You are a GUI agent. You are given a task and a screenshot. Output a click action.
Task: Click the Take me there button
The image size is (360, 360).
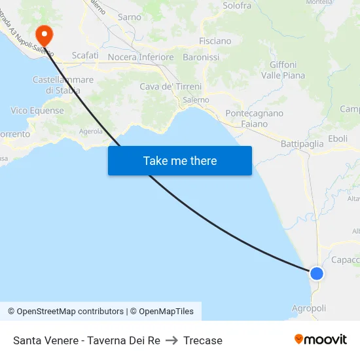[x=179, y=160]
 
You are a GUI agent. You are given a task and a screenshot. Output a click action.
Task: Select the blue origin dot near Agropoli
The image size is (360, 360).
[x=316, y=273]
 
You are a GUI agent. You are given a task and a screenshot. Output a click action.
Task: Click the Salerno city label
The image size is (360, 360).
[x=196, y=100]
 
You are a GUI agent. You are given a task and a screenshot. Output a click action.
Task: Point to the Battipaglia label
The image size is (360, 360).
[x=302, y=143]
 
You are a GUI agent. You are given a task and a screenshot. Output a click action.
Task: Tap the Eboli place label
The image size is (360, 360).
[x=338, y=138]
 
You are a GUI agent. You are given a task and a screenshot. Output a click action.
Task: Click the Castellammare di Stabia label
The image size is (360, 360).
[x=63, y=84]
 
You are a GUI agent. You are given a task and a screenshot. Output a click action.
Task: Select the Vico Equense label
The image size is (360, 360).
[x=37, y=111]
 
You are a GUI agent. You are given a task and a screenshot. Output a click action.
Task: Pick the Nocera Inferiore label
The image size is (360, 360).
[x=141, y=57]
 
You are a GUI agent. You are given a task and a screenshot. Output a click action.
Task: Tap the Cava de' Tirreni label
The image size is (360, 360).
[x=170, y=86]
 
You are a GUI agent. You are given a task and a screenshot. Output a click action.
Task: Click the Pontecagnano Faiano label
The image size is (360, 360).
[x=254, y=118]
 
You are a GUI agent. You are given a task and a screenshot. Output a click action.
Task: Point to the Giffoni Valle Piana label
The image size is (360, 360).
[x=283, y=70]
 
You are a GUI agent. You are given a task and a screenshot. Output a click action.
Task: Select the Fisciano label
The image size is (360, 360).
[x=215, y=41]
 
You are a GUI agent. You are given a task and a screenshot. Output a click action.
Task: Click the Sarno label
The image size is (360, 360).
[x=129, y=17]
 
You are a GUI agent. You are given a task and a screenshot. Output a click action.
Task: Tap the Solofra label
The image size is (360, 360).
[x=237, y=5]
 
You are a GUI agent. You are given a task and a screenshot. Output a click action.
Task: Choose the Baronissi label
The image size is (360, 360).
[x=201, y=57]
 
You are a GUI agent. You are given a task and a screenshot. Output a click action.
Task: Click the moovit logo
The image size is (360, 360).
[x=321, y=339]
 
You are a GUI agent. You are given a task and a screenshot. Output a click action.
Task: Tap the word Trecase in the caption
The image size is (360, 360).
[x=203, y=340]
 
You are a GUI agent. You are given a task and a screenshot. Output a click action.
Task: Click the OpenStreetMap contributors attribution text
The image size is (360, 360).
[x=70, y=312]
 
